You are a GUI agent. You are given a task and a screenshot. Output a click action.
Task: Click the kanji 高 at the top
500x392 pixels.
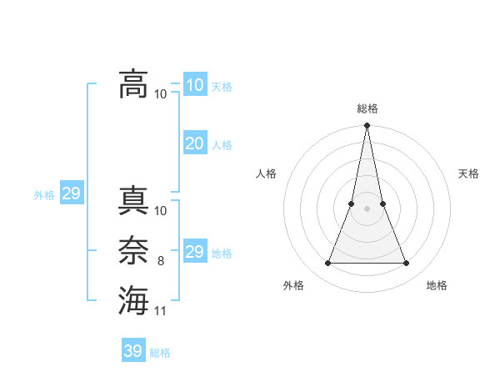pyautogui.click(x=133, y=83)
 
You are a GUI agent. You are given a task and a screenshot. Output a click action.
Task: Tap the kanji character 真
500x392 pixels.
pyautogui.click(x=133, y=201)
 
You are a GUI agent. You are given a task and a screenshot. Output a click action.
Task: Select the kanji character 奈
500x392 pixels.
pyautogui.click(x=133, y=252)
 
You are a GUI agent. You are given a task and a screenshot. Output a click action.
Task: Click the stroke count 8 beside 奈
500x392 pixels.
pyautogui.click(x=161, y=261)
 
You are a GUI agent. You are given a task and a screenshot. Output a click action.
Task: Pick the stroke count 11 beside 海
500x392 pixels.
pyautogui.click(x=161, y=311)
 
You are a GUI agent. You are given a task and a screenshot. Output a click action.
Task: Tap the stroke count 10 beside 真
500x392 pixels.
pyautogui.click(x=161, y=211)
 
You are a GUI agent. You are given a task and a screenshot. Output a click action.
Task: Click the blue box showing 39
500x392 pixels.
pyautogui.click(x=133, y=351)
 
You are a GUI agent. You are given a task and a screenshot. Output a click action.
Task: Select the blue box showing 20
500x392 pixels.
pyautogui.click(x=195, y=143)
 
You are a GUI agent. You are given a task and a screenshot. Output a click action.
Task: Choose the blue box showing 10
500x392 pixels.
pyautogui.click(x=195, y=84)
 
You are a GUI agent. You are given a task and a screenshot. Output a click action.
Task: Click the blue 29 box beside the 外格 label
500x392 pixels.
pyautogui.click(x=71, y=194)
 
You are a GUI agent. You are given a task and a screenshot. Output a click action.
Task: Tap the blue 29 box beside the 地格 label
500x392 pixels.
pyautogui.click(x=195, y=252)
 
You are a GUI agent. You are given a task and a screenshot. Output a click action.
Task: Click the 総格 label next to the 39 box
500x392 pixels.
pyautogui.click(x=160, y=353)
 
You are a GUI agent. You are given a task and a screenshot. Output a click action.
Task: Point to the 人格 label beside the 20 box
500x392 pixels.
pyautogui.click(x=222, y=145)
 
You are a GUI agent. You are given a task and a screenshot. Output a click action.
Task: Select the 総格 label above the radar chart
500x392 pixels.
pyautogui.click(x=367, y=108)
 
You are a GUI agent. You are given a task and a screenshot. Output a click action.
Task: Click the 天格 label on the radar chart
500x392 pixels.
pyautogui.click(x=469, y=173)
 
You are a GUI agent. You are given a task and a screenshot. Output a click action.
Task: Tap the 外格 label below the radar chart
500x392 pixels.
pyautogui.click(x=293, y=285)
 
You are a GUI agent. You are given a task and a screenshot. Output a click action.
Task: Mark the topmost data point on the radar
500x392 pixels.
pyautogui.click(x=367, y=126)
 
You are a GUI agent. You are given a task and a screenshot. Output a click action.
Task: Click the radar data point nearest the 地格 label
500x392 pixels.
pyautogui.click(x=407, y=264)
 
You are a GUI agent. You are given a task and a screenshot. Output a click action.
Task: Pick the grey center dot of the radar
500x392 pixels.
pyautogui.click(x=367, y=209)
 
